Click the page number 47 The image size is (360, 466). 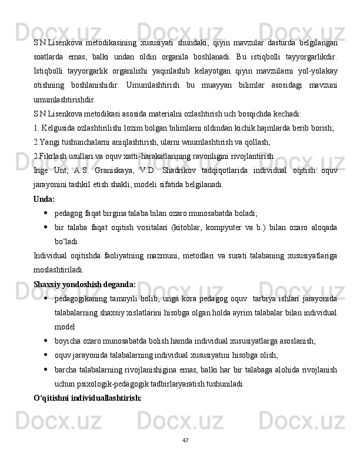point(185,441)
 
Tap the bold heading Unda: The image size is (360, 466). point(45,199)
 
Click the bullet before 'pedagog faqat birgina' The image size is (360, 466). point(45,213)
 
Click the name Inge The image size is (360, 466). point(42,171)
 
